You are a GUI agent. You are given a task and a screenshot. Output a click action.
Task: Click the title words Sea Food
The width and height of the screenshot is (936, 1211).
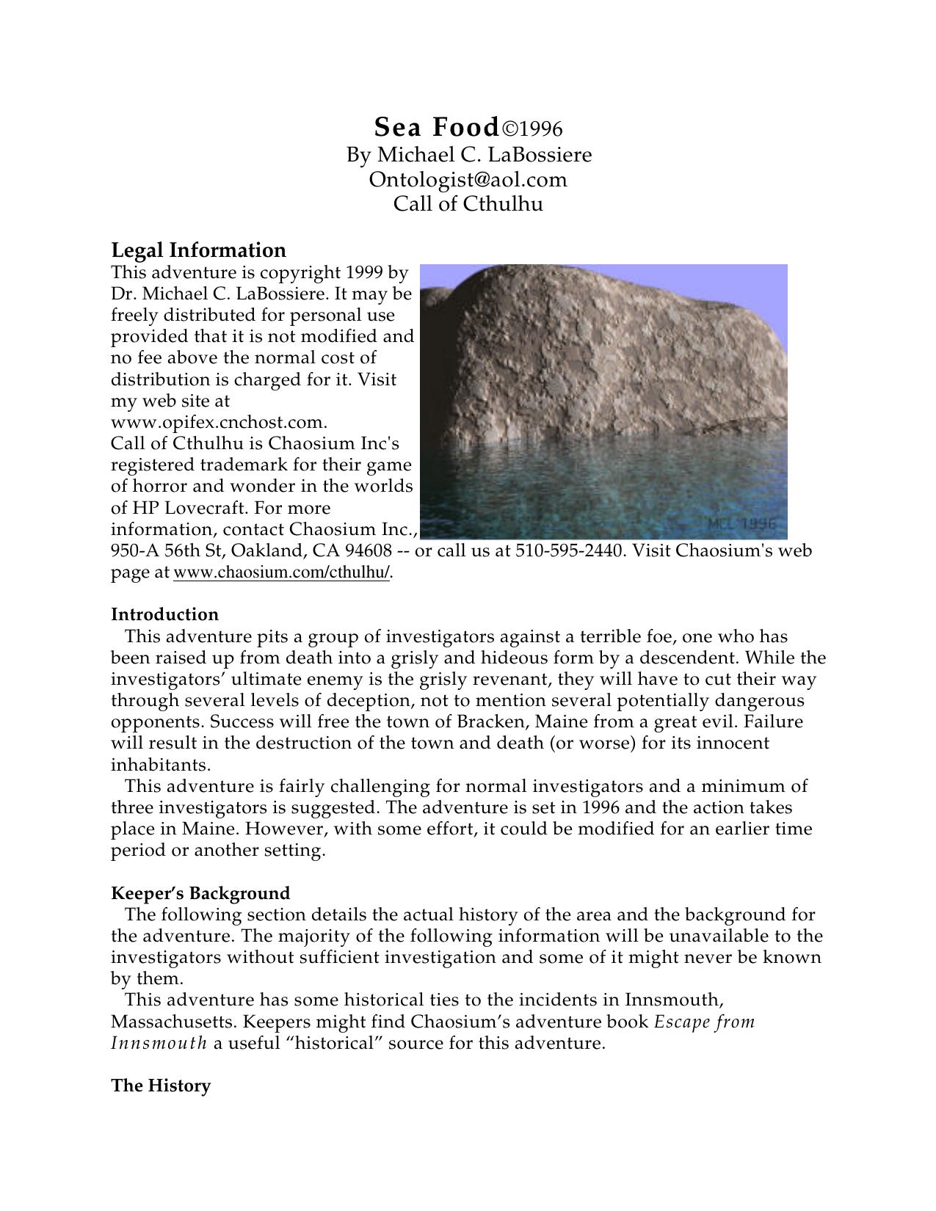[437, 128]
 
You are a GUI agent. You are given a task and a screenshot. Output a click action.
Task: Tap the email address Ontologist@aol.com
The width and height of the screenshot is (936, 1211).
[468, 179]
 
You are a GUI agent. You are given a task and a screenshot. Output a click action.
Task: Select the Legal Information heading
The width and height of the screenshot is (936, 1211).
[198, 250]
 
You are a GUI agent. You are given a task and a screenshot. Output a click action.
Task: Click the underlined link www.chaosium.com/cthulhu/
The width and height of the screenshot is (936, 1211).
[281, 573]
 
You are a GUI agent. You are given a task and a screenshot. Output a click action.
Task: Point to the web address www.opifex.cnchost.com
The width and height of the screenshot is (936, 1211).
[218, 423]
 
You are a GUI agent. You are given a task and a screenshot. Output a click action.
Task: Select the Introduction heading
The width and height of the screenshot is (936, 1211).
[164, 614]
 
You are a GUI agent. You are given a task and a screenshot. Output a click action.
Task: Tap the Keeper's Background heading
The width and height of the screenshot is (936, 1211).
[200, 893]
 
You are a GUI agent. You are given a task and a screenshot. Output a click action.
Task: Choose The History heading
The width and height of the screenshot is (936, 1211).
[161, 1085]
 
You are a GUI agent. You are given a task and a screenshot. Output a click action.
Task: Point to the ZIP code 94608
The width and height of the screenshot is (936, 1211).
[368, 550]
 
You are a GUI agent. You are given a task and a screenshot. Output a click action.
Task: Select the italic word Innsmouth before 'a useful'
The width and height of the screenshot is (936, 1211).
[159, 1043]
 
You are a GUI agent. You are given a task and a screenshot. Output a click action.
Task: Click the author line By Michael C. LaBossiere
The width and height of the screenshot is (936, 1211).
[468, 155]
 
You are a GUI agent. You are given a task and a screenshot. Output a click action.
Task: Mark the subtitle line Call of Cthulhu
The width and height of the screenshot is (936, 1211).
[468, 203]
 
